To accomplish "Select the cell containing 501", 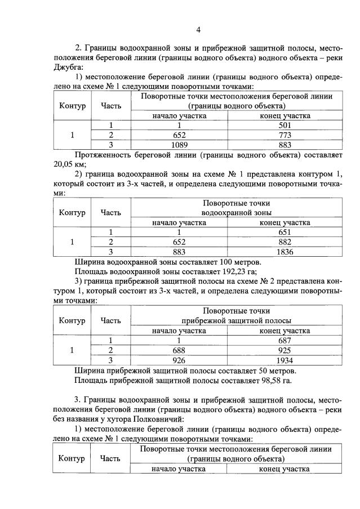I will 285,125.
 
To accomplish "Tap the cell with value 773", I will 285,135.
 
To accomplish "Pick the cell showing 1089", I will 179,144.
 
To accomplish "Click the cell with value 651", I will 285,232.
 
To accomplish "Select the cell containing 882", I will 285,242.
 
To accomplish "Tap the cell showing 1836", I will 285,251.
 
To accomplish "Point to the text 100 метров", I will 233,261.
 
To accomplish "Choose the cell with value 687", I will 285,340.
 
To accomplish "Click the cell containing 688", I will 179,350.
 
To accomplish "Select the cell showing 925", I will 285,350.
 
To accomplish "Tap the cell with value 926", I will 179,360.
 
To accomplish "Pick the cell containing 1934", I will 285,360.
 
